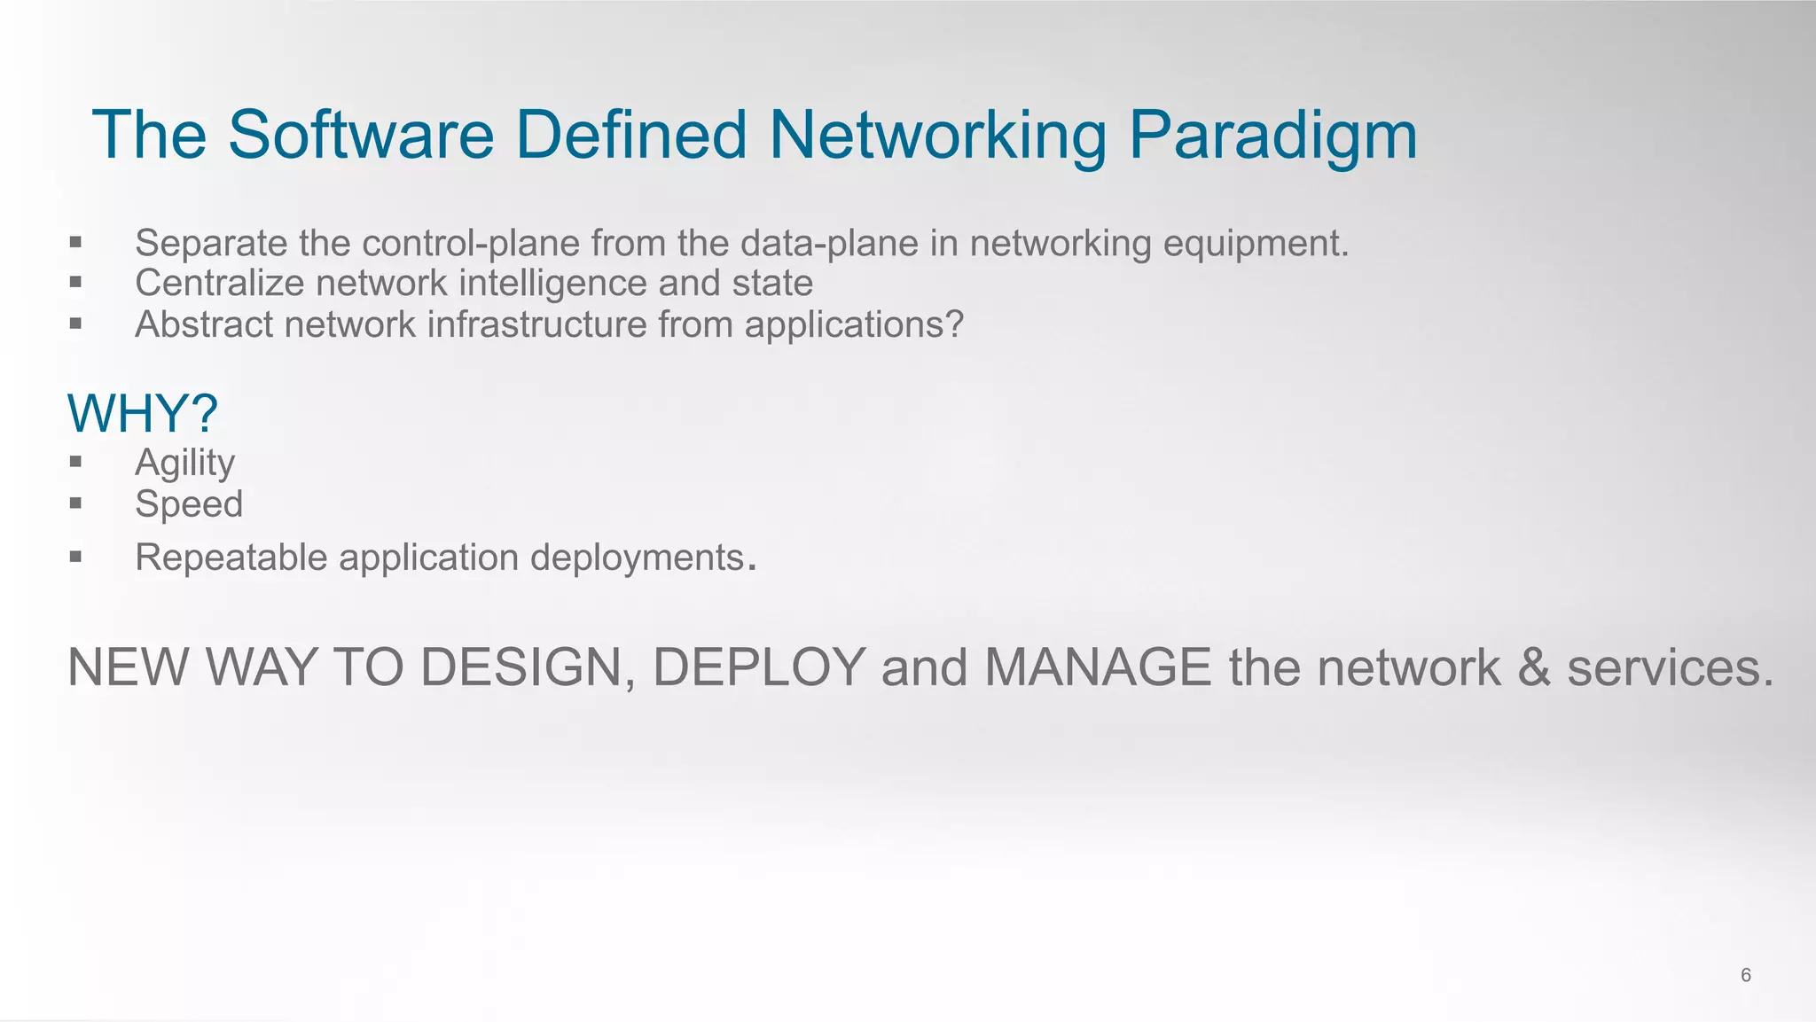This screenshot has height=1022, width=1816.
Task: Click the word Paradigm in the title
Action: tap(1272, 136)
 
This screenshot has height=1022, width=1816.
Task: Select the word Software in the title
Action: tap(360, 136)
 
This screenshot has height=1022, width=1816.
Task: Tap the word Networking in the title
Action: tap(937, 136)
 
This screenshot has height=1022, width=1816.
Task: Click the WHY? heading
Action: tap(142, 414)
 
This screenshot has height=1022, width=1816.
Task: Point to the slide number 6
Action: tap(1745, 975)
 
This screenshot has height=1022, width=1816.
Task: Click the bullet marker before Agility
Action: tap(75, 462)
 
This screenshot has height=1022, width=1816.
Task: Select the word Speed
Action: tap(189, 504)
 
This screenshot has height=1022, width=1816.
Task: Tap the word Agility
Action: tap(184, 463)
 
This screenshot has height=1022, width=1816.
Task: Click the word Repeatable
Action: tap(231, 558)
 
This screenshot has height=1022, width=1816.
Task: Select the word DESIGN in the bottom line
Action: tap(528, 667)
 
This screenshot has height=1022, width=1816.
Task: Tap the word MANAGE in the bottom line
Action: tap(1097, 667)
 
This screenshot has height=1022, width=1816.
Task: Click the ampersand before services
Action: tap(1533, 667)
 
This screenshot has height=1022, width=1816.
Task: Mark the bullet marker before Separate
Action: tap(75, 242)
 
